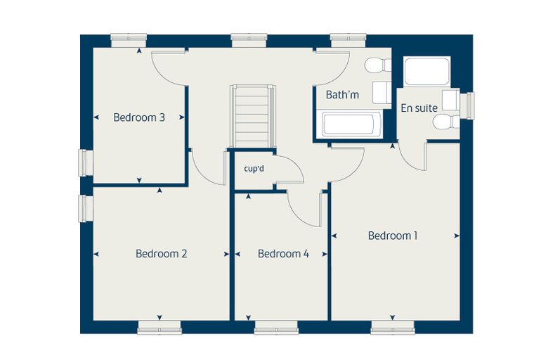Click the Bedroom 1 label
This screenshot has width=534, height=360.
click(x=392, y=236)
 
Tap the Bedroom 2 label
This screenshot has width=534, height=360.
click(x=161, y=254)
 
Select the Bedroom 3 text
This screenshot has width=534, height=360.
click(x=139, y=117)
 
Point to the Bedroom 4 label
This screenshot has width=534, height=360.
click(x=283, y=254)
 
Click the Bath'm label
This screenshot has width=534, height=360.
click(x=342, y=94)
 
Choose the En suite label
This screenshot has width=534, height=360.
click(x=419, y=108)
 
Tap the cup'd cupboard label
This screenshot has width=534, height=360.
click(x=254, y=169)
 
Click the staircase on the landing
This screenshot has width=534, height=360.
click(x=253, y=116)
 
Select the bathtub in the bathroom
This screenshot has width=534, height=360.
click(x=348, y=124)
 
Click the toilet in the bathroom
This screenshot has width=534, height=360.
click(x=378, y=65)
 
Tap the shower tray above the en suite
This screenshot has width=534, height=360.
click(x=427, y=71)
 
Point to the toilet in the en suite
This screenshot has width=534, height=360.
click(x=446, y=122)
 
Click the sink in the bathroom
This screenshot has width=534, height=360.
click(x=382, y=92)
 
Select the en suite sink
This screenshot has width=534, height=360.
click(x=450, y=100)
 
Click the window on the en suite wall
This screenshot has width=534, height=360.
click(x=467, y=105)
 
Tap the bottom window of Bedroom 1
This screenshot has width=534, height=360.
click(x=393, y=327)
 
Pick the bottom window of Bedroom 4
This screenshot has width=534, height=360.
click(x=276, y=327)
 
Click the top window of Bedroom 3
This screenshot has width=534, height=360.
click(x=129, y=40)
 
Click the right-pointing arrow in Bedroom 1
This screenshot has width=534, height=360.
click(x=457, y=236)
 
